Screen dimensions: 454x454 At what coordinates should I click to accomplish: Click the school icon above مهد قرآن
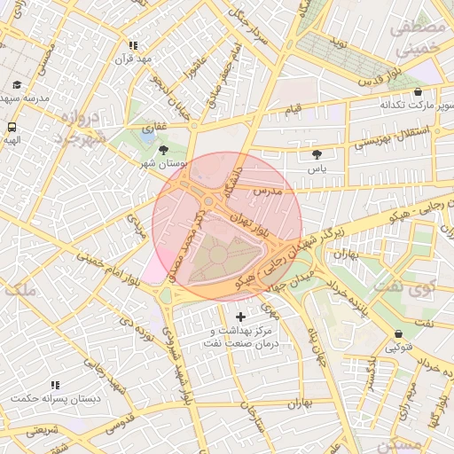click(134, 45)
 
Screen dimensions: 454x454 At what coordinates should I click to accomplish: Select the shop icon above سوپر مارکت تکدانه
click(418, 91)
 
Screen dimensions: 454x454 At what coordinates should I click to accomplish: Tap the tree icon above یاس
click(317, 154)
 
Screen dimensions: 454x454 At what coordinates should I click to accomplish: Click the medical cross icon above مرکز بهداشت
click(240, 317)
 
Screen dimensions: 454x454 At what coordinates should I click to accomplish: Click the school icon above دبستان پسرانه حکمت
click(55, 386)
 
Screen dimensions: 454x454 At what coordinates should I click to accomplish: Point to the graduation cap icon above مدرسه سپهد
click(17, 85)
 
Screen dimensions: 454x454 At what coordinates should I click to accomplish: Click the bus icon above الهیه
click(11, 126)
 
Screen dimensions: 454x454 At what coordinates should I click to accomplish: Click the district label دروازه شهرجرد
click(80, 129)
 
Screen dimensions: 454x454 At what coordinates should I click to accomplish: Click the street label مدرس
click(266, 191)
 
